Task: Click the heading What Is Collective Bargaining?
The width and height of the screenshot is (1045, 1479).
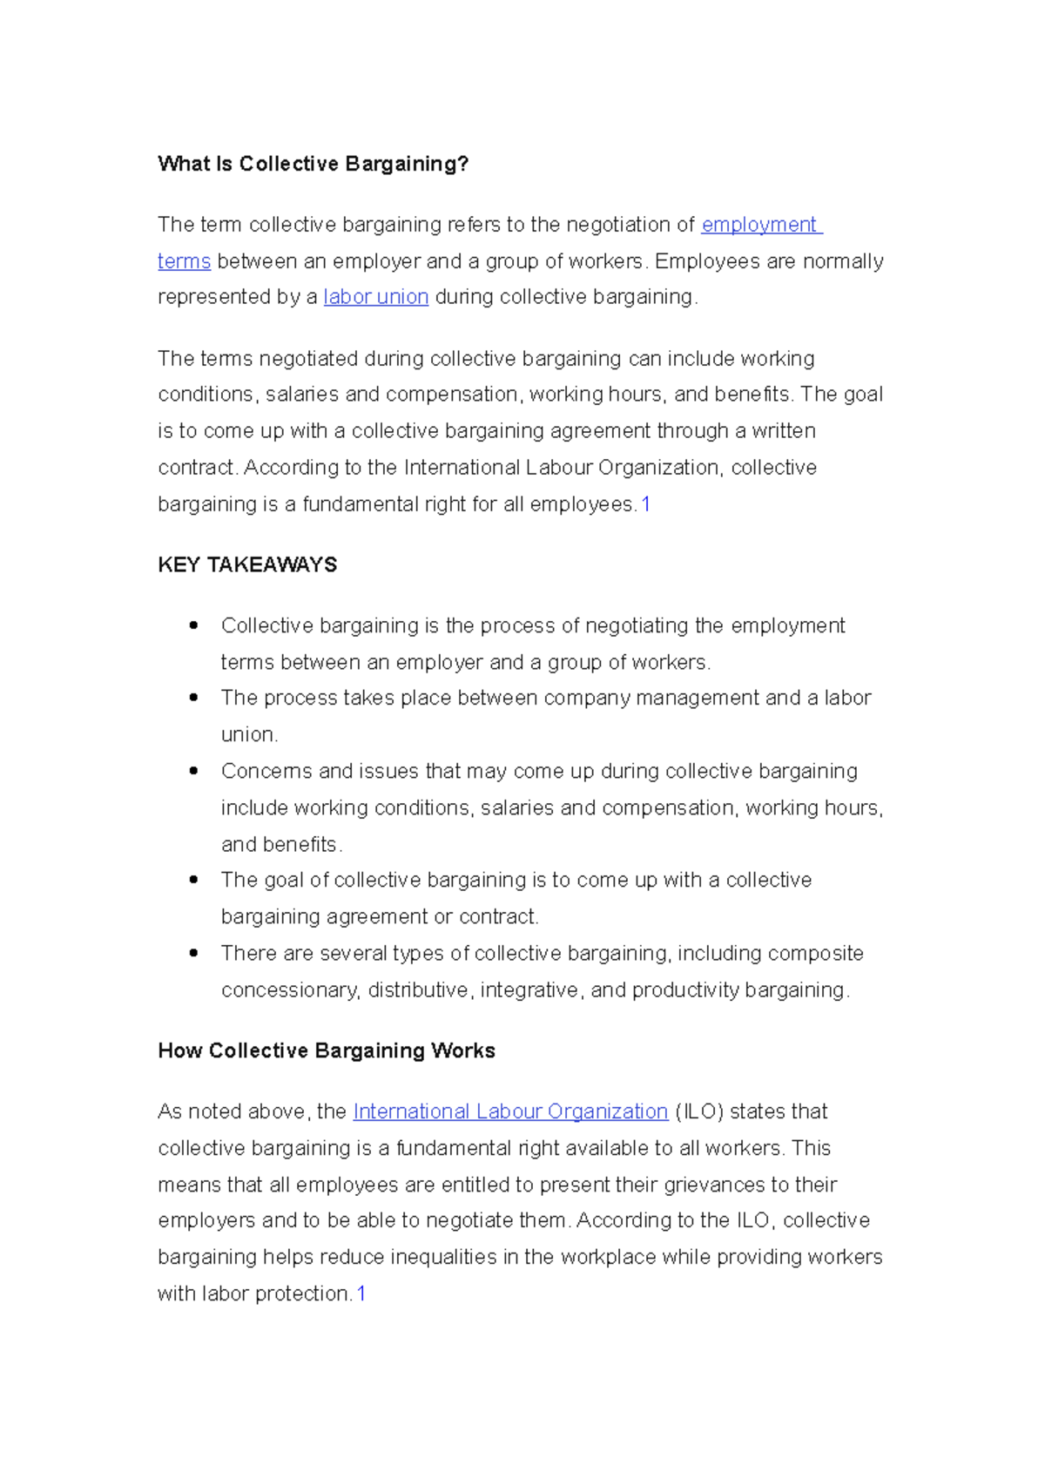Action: point(313,164)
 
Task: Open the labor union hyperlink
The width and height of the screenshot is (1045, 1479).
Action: point(375,297)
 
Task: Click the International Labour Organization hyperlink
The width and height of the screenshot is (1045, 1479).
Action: point(509,1111)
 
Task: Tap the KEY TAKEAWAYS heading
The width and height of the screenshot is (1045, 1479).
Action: point(247,564)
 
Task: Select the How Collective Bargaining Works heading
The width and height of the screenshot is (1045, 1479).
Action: point(327,1050)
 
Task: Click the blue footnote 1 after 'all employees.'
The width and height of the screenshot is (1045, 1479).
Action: point(645,504)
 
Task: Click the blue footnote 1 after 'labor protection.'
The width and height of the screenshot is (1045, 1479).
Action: point(361,1293)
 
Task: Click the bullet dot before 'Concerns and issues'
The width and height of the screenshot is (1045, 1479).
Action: point(193,771)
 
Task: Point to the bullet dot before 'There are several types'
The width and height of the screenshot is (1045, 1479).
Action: point(193,953)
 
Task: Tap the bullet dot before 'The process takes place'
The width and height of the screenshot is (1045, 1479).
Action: point(193,698)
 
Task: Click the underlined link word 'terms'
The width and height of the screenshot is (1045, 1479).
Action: point(184,261)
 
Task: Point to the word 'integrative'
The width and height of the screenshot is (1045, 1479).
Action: point(529,990)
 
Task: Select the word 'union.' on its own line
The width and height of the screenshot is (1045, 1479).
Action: point(249,734)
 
